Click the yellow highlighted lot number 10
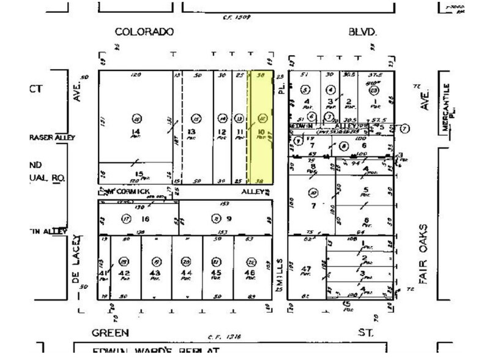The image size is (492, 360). [x=261, y=132]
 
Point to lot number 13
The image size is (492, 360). [x=192, y=132]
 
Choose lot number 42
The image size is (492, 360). [x=125, y=273]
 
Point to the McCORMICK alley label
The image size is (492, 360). [x=128, y=192]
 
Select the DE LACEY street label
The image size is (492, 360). [x=76, y=260]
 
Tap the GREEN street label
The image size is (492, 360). [x=110, y=332]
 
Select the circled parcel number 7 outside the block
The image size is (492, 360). [x=404, y=128]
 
